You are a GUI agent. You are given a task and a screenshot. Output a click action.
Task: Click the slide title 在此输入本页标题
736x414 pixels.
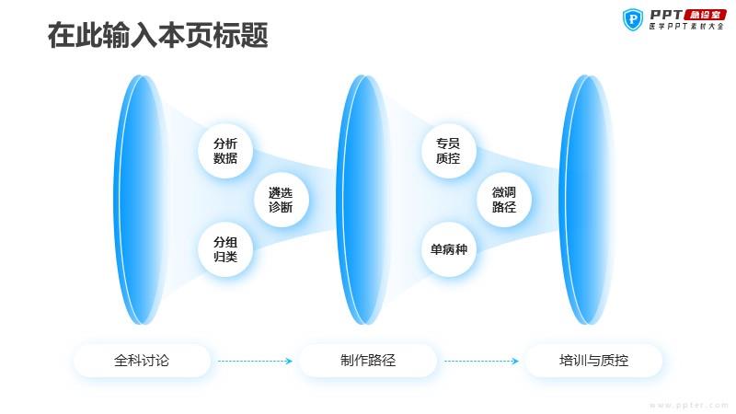click(157, 35)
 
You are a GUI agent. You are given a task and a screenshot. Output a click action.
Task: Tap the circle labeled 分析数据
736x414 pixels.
click(225, 151)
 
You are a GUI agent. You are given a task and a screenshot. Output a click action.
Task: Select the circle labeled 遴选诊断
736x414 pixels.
click(281, 200)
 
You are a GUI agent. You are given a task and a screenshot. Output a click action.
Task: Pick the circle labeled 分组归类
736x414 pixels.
click(225, 249)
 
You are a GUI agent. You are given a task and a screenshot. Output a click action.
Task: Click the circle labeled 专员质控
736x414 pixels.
click(448, 151)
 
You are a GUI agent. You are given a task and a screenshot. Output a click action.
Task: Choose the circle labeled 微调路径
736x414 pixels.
click(504, 200)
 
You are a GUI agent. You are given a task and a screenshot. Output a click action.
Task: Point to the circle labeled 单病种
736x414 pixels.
click(448, 249)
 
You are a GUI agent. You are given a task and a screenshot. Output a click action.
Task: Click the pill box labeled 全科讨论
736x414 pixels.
click(142, 361)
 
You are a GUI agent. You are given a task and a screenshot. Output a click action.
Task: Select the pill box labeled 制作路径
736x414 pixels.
click(368, 361)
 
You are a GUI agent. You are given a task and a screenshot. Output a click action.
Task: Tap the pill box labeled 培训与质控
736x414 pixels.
click(593, 361)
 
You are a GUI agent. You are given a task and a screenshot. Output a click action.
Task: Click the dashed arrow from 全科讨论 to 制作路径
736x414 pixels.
click(255, 361)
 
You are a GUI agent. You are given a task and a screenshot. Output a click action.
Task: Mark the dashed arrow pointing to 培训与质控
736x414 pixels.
click(481, 361)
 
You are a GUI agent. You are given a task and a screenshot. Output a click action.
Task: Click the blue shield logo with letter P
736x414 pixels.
click(633, 19)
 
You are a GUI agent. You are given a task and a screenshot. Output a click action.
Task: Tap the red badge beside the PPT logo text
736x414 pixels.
click(705, 15)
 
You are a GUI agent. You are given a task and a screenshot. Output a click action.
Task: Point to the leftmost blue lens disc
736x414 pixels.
click(140, 200)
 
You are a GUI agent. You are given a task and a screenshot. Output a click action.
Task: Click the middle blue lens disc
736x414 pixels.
click(362, 200)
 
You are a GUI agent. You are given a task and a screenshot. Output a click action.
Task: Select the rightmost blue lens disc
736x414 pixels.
click(586, 200)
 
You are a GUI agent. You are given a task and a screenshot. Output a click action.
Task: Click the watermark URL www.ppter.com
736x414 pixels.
click(689, 405)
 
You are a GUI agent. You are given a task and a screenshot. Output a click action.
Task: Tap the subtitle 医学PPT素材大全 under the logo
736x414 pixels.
click(686, 27)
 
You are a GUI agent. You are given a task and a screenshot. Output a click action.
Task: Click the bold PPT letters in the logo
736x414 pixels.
click(666, 15)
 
